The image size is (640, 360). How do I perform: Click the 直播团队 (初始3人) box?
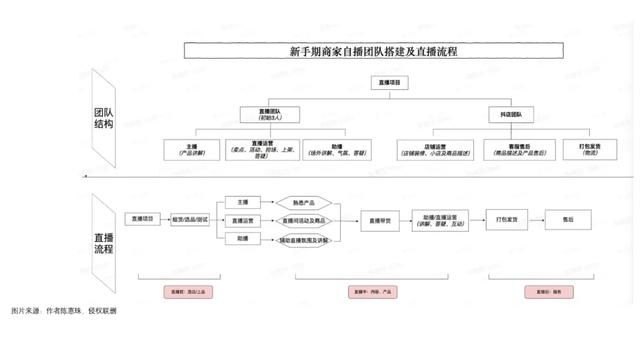262,116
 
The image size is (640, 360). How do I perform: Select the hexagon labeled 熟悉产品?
304,203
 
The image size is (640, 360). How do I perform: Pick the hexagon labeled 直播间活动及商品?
304,221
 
